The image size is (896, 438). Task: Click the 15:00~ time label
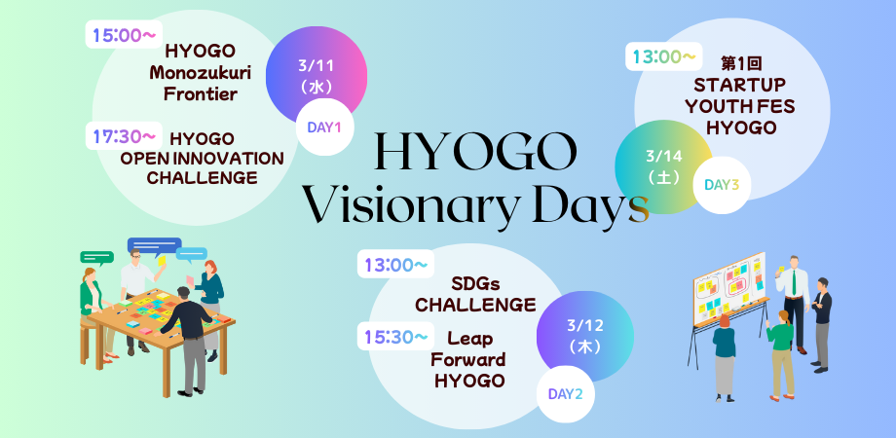(x=124, y=36)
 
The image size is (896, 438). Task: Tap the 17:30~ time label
(x=124, y=136)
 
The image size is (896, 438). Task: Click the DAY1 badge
(x=324, y=127)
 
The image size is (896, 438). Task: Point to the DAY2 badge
(x=565, y=394)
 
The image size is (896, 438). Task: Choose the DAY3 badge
(x=722, y=184)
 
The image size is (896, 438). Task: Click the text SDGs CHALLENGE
(x=475, y=294)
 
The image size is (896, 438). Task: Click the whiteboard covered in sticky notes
(x=728, y=288)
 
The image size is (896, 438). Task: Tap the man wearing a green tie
(x=797, y=302)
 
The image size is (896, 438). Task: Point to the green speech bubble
(x=97, y=259)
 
